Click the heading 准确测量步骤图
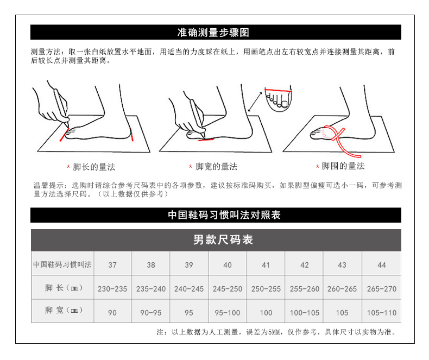point(213,33)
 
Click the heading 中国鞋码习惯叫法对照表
point(224,215)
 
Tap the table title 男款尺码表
point(223,240)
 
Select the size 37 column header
point(112,265)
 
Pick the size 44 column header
point(382,265)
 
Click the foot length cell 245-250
point(228,289)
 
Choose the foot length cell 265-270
point(382,289)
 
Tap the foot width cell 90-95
point(151,313)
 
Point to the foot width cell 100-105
point(305,313)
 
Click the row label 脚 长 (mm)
point(64,288)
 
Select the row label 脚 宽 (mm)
point(64,310)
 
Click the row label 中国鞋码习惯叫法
point(62,264)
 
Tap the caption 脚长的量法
point(94,167)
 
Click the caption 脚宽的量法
point(217,166)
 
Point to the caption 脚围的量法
point(343,166)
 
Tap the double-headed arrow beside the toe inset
point(255,102)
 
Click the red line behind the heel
point(132,135)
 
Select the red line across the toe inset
point(278,90)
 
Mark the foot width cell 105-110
point(382,313)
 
